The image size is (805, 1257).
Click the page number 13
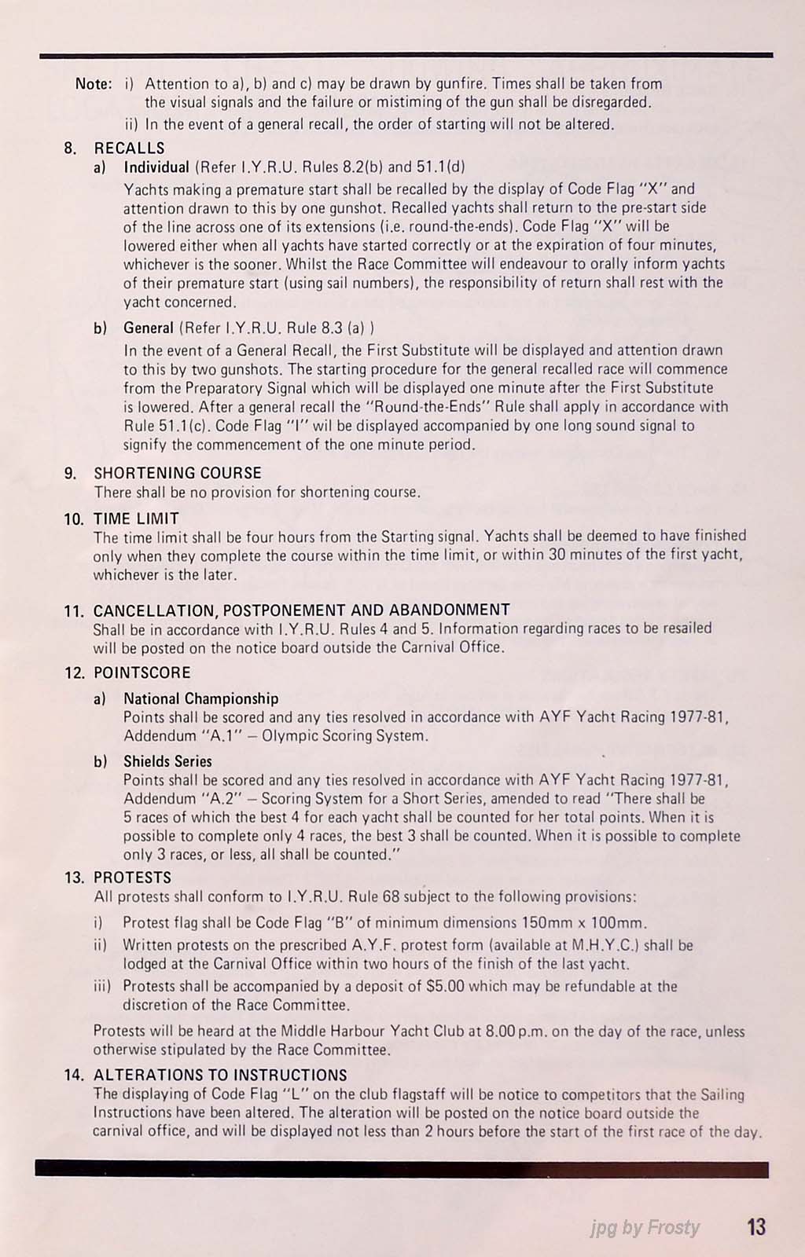(x=756, y=1226)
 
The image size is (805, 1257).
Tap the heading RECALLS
(x=129, y=148)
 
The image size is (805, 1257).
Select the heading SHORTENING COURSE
(x=178, y=473)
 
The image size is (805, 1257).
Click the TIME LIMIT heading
(x=136, y=519)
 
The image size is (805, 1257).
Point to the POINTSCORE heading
(x=142, y=672)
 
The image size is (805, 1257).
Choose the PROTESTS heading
(x=132, y=878)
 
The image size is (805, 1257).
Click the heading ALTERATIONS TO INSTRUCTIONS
(x=220, y=1075)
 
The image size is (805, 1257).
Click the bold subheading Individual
(x=156, y=167)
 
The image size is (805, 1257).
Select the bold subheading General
(x=149, y=328)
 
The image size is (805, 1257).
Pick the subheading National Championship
(x=200, y=698)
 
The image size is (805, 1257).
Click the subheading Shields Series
(x=167, y=761)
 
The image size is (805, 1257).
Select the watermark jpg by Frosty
(x=645, y=1227)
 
